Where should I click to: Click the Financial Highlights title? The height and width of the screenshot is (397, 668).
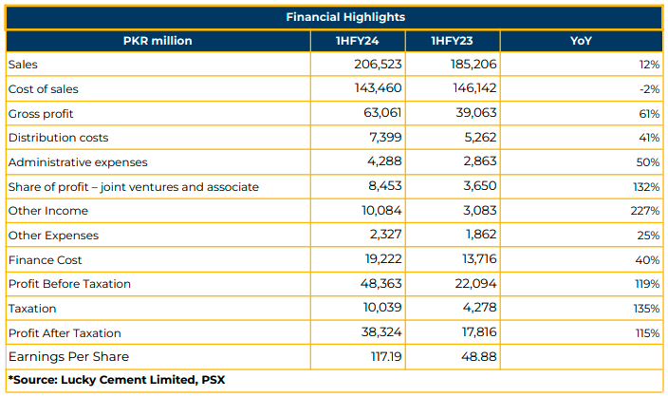coord(345,17)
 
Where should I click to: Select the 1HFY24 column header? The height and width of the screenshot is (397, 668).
coord(357,41)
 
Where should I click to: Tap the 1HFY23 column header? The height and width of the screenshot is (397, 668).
coord(452,41)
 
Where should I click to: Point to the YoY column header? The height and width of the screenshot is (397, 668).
coord(581,41)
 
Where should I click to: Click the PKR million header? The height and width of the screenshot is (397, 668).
coord(158,41)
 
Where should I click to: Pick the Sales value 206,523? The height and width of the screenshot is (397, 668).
coord(378,65)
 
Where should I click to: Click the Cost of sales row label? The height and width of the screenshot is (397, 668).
coord(44,89)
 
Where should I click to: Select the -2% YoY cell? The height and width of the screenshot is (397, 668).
coord(649,89)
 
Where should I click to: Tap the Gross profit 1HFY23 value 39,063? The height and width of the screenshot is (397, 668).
coord(476,113)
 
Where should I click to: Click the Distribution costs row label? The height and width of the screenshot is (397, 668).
coord(59,138)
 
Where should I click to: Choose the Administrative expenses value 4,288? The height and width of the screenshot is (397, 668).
coord(384,161)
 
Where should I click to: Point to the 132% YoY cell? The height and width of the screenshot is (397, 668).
coord(646,187)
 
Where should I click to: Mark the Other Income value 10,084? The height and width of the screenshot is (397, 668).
coord(381,211)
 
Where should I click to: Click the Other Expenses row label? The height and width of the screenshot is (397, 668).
coord(53,236)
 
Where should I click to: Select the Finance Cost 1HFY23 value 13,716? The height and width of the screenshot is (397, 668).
coord(479,259)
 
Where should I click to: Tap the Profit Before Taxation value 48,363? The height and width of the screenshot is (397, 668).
coord(380,284)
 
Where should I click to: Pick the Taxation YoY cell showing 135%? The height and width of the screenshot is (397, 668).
coord(646,309)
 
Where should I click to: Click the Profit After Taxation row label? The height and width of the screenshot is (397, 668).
coord(65,333)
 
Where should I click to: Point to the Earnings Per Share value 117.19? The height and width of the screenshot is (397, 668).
coord(386,356)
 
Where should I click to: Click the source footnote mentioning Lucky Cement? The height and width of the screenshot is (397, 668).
coord(117,380)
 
